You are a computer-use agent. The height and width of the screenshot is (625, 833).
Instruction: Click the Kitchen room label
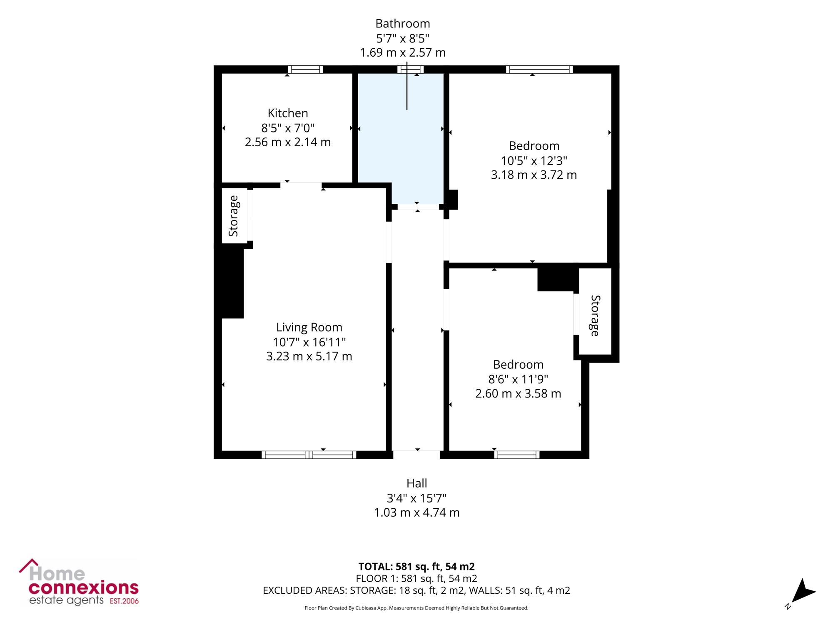pos(288,113)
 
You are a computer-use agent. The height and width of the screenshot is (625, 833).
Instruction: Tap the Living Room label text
pos(309,327)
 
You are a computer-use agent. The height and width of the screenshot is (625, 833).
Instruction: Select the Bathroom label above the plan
pos(403,24)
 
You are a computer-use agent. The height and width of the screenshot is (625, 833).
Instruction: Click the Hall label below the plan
pos(417,483)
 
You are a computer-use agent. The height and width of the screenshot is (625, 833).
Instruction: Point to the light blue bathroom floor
pos(401,137)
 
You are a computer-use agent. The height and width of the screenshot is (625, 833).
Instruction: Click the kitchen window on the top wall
pos(305,70)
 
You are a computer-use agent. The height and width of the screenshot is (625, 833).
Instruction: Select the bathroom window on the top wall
pos(410,70)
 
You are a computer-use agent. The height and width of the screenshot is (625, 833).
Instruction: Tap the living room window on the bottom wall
pos(309,455)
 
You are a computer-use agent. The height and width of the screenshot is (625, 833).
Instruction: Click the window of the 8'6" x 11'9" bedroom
pos(517,455)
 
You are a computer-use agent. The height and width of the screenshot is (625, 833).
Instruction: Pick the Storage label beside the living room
pos(234,216)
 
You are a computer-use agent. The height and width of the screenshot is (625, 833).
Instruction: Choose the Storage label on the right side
pos(595,315)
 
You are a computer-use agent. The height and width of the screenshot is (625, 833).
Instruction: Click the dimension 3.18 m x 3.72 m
pos(534,175)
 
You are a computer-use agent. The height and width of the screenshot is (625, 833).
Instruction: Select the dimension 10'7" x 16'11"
pos(309,342)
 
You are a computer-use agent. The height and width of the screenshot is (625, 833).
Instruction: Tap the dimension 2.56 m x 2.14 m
pos(288,142)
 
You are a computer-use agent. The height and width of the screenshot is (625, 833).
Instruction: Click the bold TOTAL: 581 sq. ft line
pos(416,567)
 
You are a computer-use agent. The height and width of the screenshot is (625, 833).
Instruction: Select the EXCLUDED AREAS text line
pos(416,590)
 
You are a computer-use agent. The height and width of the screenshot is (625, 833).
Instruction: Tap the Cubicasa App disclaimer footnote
pos(416,608)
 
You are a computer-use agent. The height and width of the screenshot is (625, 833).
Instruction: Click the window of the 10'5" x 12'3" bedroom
pos(539,70)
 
